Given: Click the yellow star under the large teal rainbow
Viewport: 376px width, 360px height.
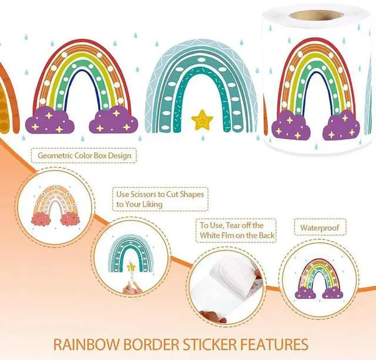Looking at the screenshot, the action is click(203, 120).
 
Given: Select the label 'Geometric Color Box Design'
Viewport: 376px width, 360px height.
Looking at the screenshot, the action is click(85, 156).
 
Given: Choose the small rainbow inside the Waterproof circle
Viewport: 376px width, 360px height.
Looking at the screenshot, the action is click(320, 277).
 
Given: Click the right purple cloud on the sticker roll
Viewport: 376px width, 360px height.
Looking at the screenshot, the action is click(342, 125).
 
